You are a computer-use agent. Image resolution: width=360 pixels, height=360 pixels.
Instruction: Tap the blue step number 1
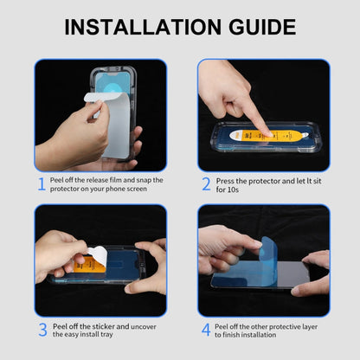tap(41, 183)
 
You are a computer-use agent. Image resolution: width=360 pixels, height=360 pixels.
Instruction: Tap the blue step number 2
tap(206, 183)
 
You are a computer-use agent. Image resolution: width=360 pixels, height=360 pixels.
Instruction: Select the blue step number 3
tap(41, 329)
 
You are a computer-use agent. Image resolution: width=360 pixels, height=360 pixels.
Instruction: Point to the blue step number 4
tap(206, 329)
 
